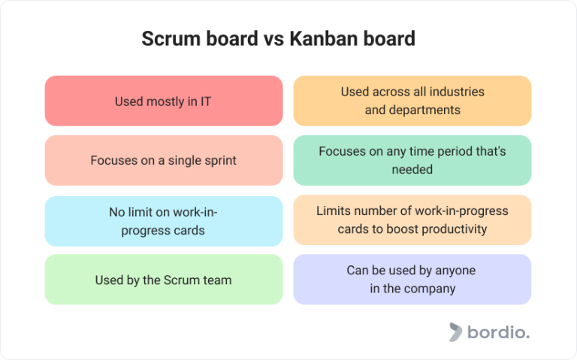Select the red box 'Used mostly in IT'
(x=164, y=101)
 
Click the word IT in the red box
(x=204, y=101)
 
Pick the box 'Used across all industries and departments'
(x=412, y=101)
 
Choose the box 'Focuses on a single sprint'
(x=164, y=160)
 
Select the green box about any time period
(x=412, y=160)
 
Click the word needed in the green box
(x=412, y=169)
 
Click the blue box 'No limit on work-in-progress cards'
(x=164, y=221)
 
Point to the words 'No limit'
(x=131, y=212)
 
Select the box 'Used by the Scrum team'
(x=164, y=280)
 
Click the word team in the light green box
(x=218, y=280)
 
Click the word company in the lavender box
(x=430, y=288)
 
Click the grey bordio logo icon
(x=455, y=331)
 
